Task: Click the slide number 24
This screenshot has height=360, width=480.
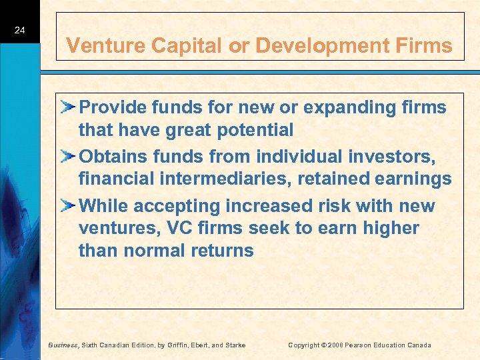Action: tap(19, 30)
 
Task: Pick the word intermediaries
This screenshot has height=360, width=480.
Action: tap(225, 179)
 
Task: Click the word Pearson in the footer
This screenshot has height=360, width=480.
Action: tap(363, 345)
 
